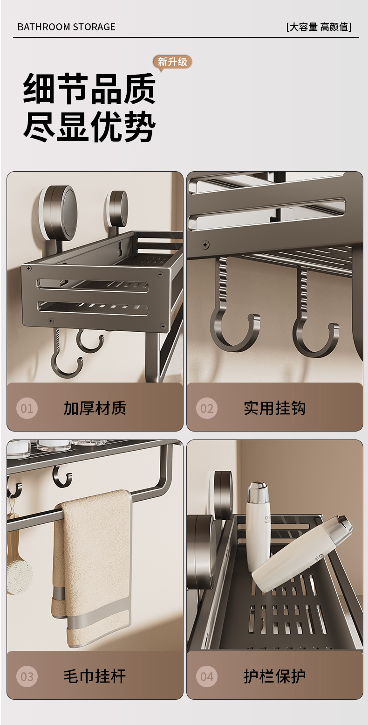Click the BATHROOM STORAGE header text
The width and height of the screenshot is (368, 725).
click(66, 27)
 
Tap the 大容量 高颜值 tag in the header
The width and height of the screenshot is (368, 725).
click(319, 27)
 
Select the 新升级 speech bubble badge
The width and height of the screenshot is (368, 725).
click(172, 62)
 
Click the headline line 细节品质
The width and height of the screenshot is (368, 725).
click(89, 88)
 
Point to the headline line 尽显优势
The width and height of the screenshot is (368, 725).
click(89, 126)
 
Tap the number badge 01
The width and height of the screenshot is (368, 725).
click(27, 408)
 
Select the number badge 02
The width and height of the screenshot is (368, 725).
click(207, 408)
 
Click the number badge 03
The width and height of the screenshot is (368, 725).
click(27, 676)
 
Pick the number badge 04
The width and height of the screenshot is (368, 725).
click(207, 676)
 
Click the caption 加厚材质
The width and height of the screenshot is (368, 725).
click(95, 408)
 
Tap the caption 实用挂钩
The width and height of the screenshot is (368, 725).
click(275, 408)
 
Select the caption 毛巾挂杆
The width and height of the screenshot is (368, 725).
click(95, 676)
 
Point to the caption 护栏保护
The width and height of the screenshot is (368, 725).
click(275, 676)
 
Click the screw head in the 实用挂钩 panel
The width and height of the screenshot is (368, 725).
click(205, 244)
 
